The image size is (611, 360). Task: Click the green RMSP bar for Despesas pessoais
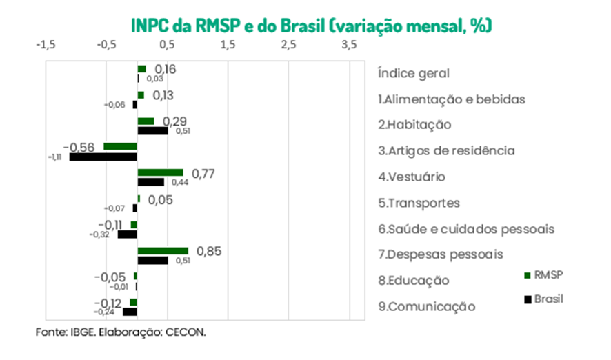[x=163, y=251]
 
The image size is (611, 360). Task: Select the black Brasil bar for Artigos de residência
[x=103, y=157]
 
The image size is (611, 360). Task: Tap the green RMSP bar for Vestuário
[x=161, y=172]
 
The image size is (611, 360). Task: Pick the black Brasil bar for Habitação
[x=152, y=130]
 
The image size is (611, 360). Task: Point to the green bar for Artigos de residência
[x=121, y=146]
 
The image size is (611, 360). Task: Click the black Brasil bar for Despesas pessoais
[x=152, y=261]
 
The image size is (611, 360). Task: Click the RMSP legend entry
[x=544, y=275]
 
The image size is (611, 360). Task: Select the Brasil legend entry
[x=544, y=299]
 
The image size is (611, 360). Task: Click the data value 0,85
[x=208, y=251]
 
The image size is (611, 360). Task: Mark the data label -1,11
[x=55, y=157]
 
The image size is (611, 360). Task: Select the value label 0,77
[x=203, y=172]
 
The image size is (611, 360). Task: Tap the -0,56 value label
[x=79, y=147]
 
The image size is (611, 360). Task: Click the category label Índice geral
[x=414, y=73]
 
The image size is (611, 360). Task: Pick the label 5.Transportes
[x=419, y=203]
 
